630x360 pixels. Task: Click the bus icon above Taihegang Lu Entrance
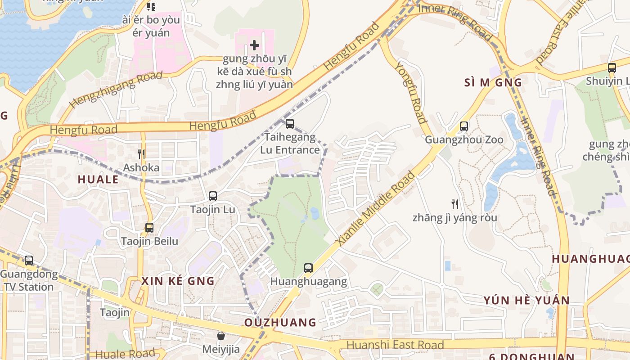point(290,123)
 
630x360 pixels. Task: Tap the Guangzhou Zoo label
point(464,139)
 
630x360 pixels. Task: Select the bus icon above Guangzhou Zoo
point(464,126)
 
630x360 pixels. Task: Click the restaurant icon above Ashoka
point(141,154)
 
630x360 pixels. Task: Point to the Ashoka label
point(141,168)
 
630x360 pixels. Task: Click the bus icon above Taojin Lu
point(213,196)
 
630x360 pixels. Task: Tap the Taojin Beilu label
point(149,241)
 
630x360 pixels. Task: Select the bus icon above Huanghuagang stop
point(308,268)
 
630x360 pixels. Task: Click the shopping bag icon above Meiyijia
point(221,336)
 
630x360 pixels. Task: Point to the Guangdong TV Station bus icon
point(29,260)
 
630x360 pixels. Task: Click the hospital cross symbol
point(255,45)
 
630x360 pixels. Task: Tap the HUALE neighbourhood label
point(98,180)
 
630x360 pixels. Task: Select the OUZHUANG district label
point(280,322)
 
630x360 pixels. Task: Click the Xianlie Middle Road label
point(376,208)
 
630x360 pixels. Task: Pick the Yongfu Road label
point(410,92)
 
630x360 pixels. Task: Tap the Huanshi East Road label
point(396,345)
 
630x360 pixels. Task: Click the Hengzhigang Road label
point(116,90)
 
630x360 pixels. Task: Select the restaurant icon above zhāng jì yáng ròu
point(455,204)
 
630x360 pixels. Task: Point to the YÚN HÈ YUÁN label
point(526,300)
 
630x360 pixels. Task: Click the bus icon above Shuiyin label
point(612,68)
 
